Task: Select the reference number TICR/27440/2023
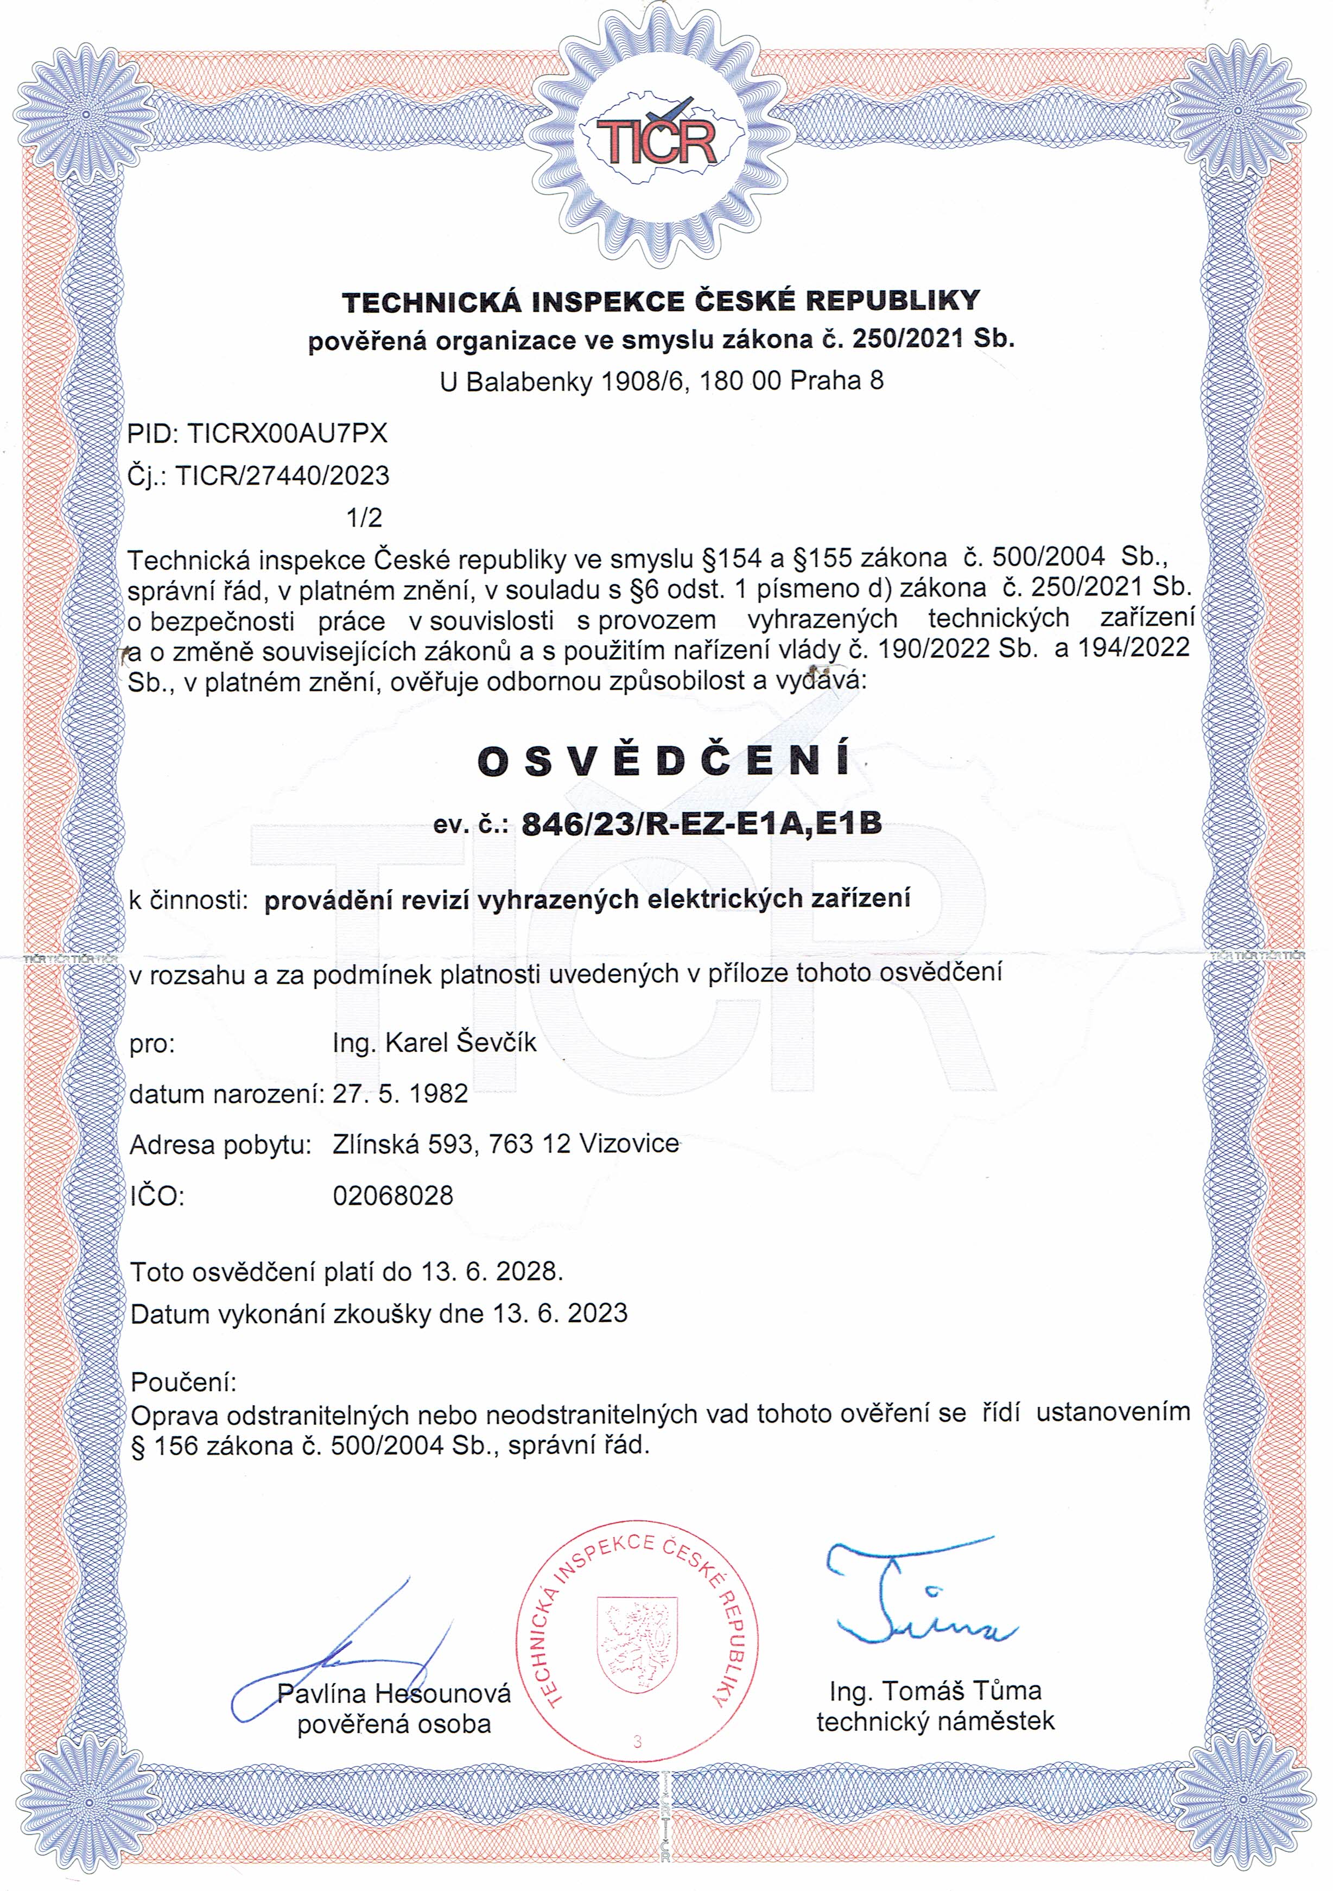(x=288, y=475)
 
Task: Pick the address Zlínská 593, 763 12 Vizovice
(x=505, y=1144)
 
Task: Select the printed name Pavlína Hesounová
(x=393, y=1693)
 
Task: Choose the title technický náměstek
(x=935, y=1721)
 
